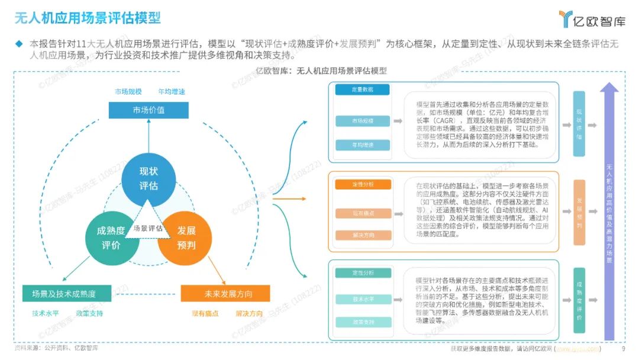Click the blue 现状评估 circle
[x=149, y=178]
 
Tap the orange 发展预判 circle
[x=186, y=237]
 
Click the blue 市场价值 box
[x=149, y=110]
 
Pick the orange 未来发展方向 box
[x=225, y=294]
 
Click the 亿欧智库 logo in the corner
[x=592, y=19]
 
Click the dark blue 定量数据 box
[x=362, y=90]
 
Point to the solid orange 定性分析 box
[x=362, y=184]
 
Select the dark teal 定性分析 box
[x=362, y=273]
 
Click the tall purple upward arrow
[x=609, y=213]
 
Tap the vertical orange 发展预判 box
[x=579, y=213]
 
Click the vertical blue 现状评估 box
[x=579, y=124]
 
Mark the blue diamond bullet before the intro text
[x=19, y=43]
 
